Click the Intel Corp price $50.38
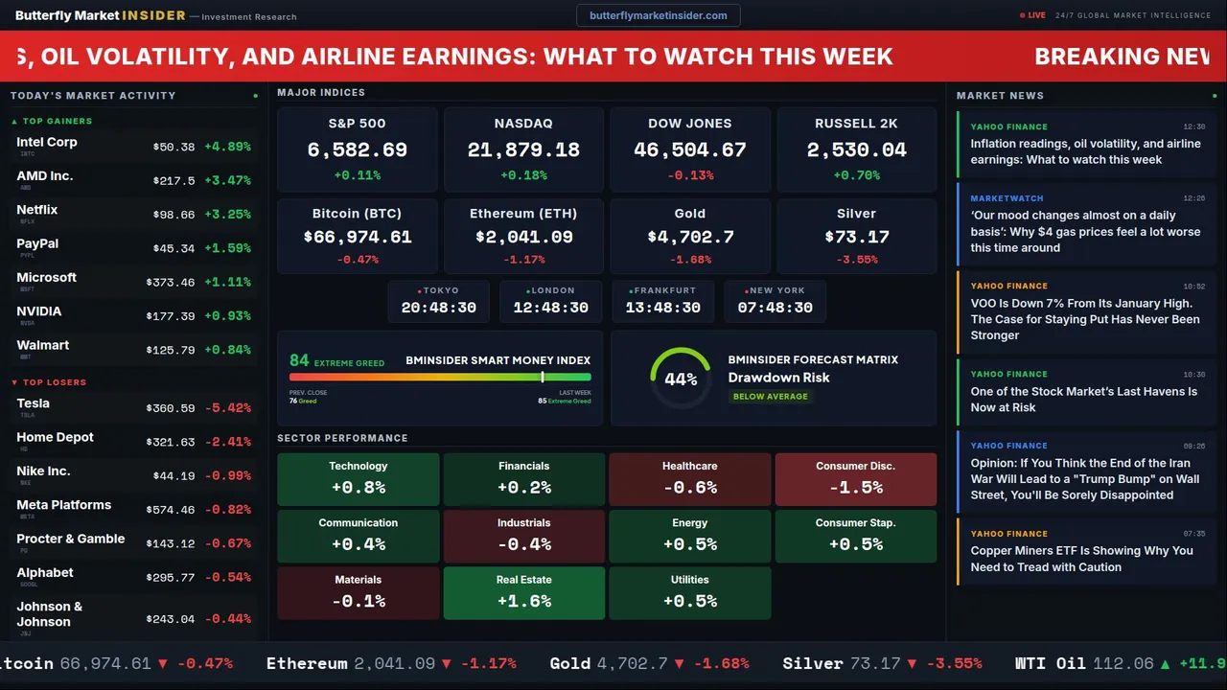tap(174, 147)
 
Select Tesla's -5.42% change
tap(228, 408)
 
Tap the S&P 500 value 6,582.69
tap(358, 150)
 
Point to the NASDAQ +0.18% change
tap(523, 175)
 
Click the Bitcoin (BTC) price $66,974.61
tap(358, 237)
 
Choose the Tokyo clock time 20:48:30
tap(439, 308)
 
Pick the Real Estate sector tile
tap(523, 592)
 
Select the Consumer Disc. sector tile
tap(855, 478)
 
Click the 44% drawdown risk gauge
tap(681, 379)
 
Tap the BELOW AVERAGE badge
tap(770, 396)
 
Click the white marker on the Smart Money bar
tap(543, 378)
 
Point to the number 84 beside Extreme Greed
tap(299, 360)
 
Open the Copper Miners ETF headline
tap(1081, 559)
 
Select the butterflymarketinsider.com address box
tap(658, 15)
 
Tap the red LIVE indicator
tap(1035, 15)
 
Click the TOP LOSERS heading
tap(54, 382)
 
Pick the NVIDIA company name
tap(39, 311)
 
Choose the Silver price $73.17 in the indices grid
tap(856, 237)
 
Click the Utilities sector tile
tap(689, 592)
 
